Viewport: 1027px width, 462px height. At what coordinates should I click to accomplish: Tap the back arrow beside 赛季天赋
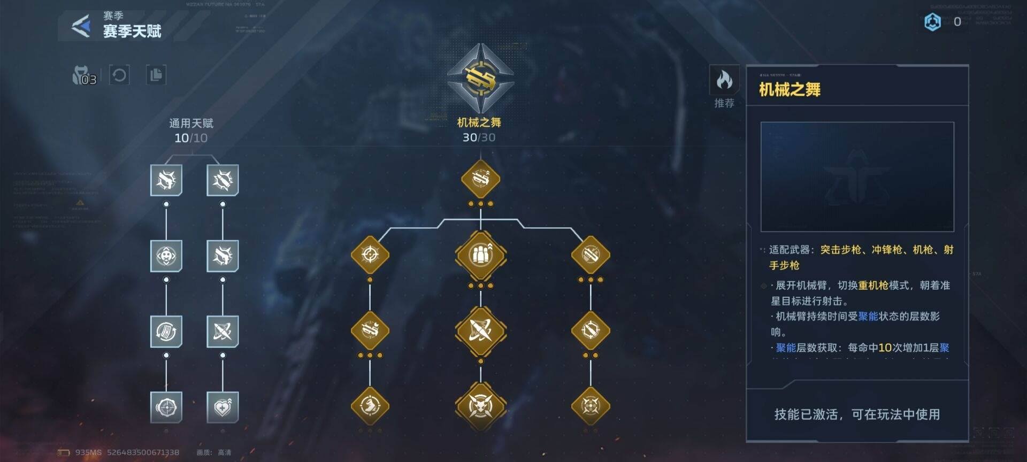[x=81, y=26]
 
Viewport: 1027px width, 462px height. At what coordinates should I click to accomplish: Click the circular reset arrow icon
[x=119, y=75]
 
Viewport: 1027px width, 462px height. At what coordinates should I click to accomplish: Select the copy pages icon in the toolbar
[x=156, y=75]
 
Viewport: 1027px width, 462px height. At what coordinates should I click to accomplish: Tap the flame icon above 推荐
[x=724, y=80]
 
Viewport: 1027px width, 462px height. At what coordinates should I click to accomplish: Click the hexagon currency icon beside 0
[x=932, y=22]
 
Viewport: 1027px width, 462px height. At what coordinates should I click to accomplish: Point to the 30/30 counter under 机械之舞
[x=479, y=137]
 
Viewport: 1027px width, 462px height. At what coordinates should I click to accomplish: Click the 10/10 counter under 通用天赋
[x=191, y=138]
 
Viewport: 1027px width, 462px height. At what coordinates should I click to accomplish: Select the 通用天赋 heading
[x=191, y=124]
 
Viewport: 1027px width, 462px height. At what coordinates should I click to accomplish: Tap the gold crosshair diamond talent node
[x=370, y=255]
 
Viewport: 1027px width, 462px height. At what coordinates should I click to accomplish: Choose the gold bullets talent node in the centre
[x=480, y=255]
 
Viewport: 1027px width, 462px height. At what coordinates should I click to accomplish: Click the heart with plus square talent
[x=223, y=407]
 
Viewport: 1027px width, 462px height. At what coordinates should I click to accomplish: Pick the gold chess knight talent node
[x=370, y=406]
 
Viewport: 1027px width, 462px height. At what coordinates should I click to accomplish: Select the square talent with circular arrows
[x=166, y=332]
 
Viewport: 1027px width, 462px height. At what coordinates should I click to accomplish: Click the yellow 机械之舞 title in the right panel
[x=790, y=89]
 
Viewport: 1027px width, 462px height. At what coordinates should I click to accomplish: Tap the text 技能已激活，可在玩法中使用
[x=857, y=414]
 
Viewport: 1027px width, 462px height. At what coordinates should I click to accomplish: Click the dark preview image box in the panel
[x=857, y=176]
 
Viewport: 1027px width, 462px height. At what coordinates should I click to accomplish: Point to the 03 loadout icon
[x=85, y=76]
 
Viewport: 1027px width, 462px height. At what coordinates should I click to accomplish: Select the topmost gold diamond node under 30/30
[x=480, y=179]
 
